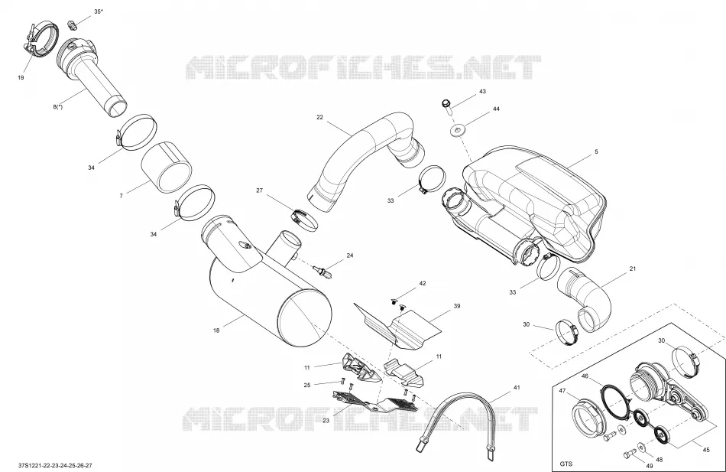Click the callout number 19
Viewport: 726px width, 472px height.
21,77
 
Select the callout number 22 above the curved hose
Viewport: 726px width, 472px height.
319,117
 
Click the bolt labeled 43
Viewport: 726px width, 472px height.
447,106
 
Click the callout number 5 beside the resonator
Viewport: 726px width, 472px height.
596,151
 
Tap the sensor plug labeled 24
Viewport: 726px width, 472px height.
323,272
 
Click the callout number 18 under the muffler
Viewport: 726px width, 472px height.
216,330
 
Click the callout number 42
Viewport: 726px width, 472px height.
423,283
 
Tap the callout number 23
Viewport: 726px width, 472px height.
326,421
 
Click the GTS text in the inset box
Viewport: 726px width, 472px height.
566,464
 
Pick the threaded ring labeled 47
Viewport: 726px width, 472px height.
588,420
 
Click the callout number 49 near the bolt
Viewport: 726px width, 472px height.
650,466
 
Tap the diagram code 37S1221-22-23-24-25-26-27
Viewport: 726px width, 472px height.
55,465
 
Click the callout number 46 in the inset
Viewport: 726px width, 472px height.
585,376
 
